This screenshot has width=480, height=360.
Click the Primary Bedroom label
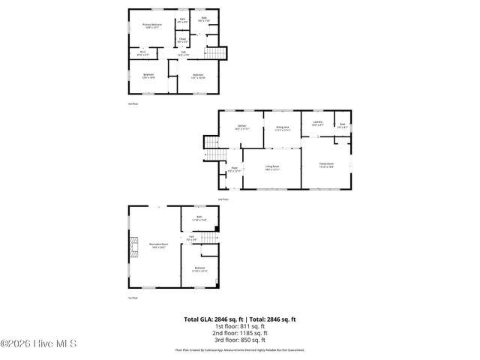point(152,26)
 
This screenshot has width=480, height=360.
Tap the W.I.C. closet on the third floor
point(142,53)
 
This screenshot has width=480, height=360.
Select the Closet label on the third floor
point(182,40)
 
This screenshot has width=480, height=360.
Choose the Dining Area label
point(282,128)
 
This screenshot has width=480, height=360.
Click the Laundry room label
point(317,123)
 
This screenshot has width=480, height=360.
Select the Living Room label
point(271,168)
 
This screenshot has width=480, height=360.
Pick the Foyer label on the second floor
point(234,169)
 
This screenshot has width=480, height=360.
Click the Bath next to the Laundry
point(342,125)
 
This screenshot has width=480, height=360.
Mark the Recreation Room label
point(158,244)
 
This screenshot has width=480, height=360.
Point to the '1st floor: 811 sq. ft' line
point(240,326)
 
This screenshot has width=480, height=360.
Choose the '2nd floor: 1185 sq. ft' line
point(240,332)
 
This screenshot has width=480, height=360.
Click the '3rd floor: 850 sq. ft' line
point(240,339)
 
